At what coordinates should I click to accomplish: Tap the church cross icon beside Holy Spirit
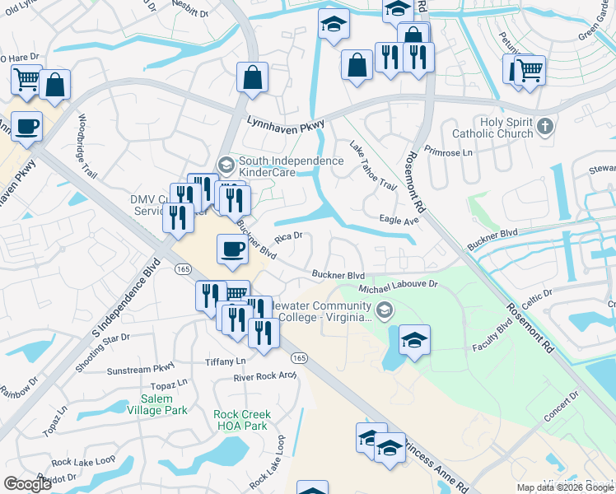point(544,127)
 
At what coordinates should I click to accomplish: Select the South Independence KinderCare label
point(291,167)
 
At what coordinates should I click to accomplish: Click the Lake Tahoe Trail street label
point(372,165)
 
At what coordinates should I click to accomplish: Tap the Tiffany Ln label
point(225,361)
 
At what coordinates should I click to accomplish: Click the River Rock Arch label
point(264,376)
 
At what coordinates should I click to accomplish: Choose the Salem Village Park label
point(157,403)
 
